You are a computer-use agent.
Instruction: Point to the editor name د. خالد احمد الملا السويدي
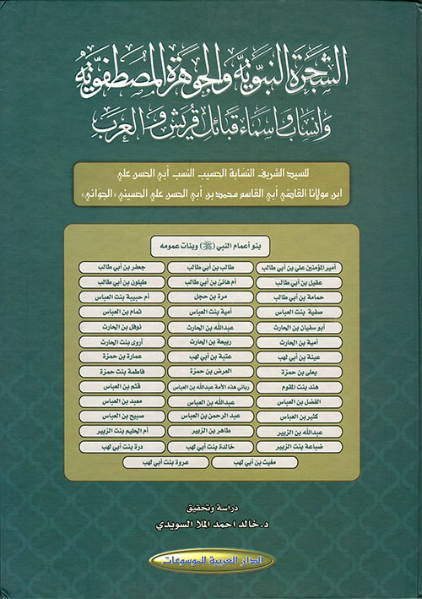(x=211, y=524)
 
